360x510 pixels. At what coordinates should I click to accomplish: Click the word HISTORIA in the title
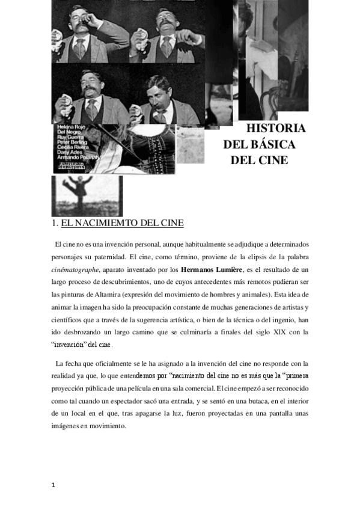276,128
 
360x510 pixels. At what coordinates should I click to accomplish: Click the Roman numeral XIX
276,331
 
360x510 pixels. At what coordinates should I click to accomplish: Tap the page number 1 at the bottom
53,485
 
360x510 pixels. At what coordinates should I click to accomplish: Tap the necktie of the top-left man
80,48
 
